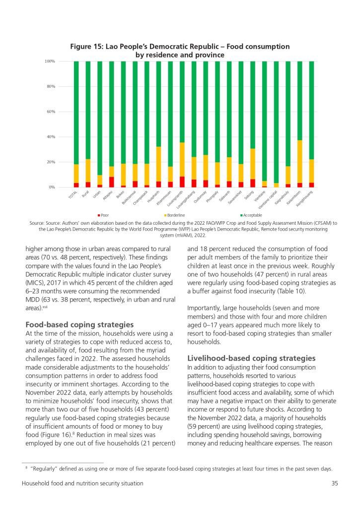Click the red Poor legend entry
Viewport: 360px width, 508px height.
click(x=103, y=215)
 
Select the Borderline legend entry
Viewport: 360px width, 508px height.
click(x=175, y=215)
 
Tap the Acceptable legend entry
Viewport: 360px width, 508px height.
click(x=251, y=215)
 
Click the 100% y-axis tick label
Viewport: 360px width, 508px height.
click(x=50, y=61)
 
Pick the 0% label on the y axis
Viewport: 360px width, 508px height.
click(x=52, y=187)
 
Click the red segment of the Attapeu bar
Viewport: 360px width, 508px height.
click(x=112, y=182)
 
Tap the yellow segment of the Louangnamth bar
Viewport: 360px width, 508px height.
click(x=182, y=159)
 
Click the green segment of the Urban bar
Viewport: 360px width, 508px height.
click(x=100, y=118)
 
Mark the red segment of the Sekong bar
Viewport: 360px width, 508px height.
click(x=253, y=183)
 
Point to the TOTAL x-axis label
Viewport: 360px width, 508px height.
click(x=72, y=194)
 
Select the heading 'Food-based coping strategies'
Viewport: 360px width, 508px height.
click(x=79, y=324)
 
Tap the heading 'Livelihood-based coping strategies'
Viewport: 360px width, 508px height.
click(x=251, y=358)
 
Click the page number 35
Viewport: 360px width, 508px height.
click(x=335, y=483)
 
